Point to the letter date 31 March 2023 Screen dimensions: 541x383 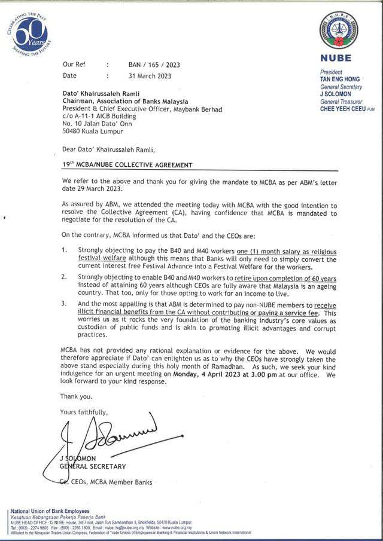(146, 76)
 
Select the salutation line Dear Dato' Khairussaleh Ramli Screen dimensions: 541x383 (112, 148)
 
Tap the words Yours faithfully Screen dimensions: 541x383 (84, 412)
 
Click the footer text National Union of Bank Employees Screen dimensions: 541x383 (50, 511)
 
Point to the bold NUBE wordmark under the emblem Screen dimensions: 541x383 (339, 59)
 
